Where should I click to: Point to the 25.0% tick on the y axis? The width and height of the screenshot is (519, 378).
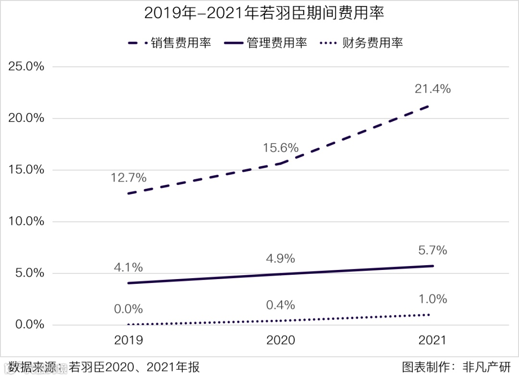pyautogui.click(x=26, y=66)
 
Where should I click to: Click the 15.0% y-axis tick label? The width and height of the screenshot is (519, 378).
pyautogui.click(x=26, y=170)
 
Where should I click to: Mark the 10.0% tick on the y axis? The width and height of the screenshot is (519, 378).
pyautogui.click(x=26, y=221)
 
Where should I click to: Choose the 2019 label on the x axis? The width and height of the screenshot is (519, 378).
pyautogui.click(x=128, y=341)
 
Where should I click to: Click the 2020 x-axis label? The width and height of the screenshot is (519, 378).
pyautogui.click(x=281, y=341)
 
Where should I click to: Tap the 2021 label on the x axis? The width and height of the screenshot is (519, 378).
pyautogui.click(x=432, y=341)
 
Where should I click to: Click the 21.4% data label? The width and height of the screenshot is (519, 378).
pyautogui.click(x=432, y=89)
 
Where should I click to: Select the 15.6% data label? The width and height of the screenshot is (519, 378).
pyautogui.click(x=281, y=148)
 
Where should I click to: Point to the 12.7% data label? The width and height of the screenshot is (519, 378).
pyautogui.click(x=128, y=178)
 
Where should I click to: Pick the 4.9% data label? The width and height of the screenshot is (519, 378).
pyautogui.click(x=281, y=259)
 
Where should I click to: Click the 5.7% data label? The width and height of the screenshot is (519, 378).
pyautogui.click(x=432, y=250)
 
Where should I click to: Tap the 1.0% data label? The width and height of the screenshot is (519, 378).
pyautogui.click(x=432, y=299)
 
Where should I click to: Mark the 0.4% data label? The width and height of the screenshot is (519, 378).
pyautogui.click(x=281, y=305)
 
